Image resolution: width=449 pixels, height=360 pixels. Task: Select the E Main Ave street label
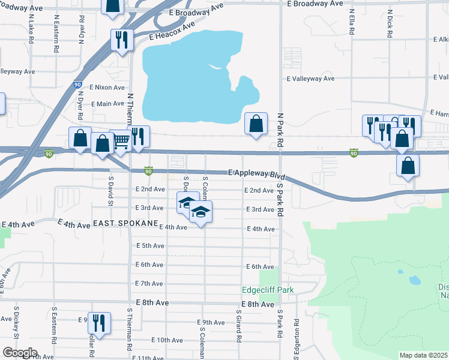click(x=107, y=104)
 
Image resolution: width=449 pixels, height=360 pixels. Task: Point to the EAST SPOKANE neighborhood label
click(x=125, y=223)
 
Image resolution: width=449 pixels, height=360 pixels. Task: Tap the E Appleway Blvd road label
click(x=256, y=173)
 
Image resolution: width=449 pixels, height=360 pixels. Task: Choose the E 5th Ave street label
click(x=149, y=246)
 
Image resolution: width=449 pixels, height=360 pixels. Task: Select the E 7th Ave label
click(x=149, y=283)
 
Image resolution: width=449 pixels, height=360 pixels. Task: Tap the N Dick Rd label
click(x=390, y=24)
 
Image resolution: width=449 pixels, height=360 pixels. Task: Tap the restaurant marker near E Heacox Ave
click(x=122, y=40)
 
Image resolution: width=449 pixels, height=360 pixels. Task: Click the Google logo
click(x=20, y=353)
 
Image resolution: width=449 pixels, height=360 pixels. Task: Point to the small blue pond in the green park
click(x=414, y=280)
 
